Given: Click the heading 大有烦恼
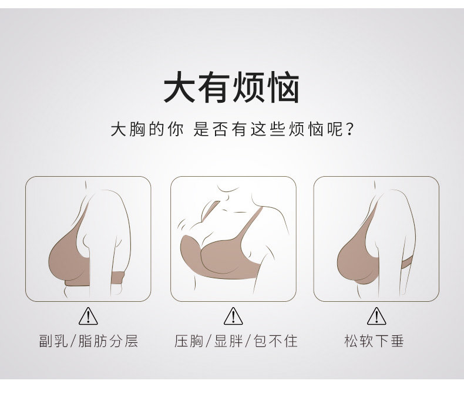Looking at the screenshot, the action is (231, 87).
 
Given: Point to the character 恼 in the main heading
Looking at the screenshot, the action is (283, 87).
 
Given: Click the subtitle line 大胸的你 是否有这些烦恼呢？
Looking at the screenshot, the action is (232, 129).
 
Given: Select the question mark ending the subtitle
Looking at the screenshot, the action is (349, 129).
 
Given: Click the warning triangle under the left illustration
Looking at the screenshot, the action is (88, 316).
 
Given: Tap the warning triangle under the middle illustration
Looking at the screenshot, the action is (233, 316).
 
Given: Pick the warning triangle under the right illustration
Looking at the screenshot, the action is (376, 316).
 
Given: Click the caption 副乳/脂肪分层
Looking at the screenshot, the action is (89, 341).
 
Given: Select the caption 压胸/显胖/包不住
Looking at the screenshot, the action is (236, 341).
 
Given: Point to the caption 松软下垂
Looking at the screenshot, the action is (374, 341).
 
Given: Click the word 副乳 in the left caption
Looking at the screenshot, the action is (53, 341).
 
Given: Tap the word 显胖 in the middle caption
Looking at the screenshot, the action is (228, 341).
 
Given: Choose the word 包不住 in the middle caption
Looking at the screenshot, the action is (276, 341).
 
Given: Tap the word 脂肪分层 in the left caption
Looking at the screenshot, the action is (108, 341).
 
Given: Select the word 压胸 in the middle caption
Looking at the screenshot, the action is (189, 341).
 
